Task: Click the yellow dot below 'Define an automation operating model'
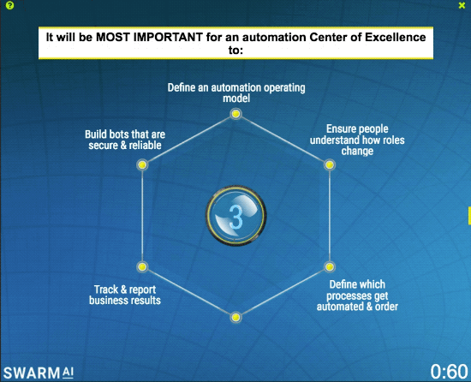(x=235, y=114)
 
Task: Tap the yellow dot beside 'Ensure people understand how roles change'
(x=329, y=164)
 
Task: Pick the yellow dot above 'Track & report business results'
(x=142, y=266)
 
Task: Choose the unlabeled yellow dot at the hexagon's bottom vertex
(x=235, y=318)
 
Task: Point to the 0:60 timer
(x=449, y=371)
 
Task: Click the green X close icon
(x=462, y=6)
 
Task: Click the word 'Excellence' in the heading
(x=387, y=38)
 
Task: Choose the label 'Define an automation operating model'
(x=235, y=93)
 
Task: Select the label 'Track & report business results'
(x=127, y=295)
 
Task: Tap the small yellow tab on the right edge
(x=468, y=214)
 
